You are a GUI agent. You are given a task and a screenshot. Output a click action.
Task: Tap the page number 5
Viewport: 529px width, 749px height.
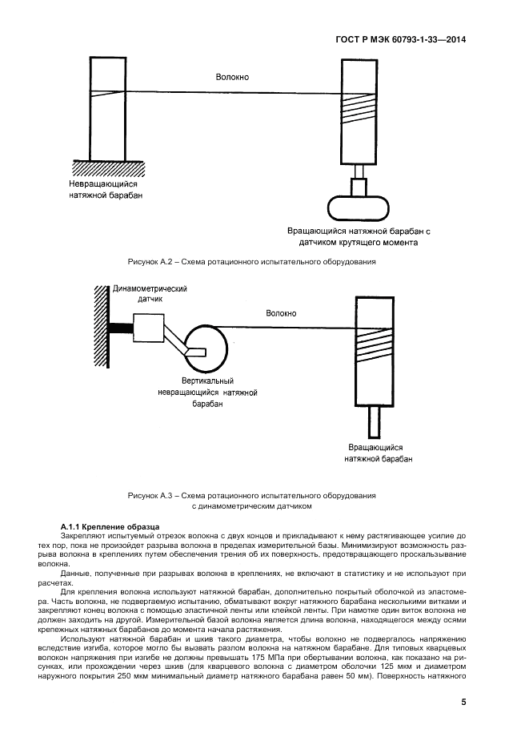coord(463,702)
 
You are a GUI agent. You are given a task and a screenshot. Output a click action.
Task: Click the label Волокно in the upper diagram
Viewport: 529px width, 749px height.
coord(232,77)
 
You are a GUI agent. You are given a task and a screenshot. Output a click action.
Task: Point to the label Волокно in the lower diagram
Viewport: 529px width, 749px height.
coord(281,313)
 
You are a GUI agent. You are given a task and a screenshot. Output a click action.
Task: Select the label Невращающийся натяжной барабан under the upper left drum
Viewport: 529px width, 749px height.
coord(103,189)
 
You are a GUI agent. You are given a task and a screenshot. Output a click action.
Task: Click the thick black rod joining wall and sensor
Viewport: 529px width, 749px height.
coord(121,328)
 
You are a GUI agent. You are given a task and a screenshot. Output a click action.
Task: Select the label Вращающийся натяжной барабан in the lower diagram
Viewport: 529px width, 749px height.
coord(379,453)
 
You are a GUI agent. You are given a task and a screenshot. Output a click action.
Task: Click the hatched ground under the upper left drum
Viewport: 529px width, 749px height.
coord(103,165)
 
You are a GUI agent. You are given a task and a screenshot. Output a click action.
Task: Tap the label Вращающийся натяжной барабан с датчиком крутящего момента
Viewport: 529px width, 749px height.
coord(359,236)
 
